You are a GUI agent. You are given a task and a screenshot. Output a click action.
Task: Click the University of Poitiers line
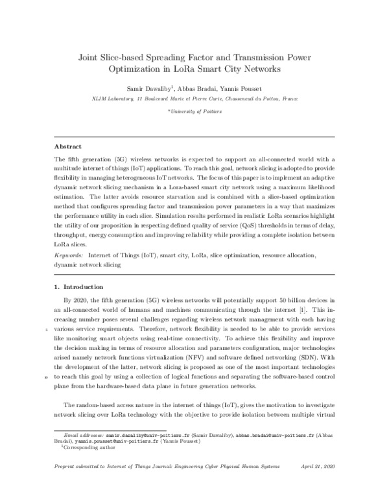(195, 111)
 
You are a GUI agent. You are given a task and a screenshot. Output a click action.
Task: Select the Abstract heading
(68, 146)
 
